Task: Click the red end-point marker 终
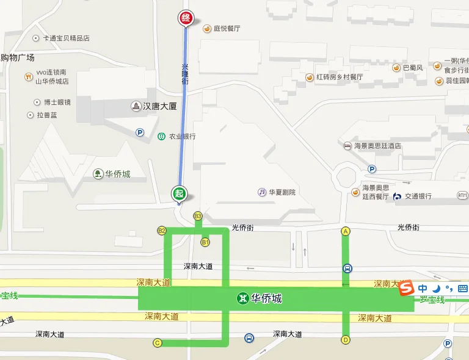click(186, 18)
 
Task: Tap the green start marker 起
click(178, 193)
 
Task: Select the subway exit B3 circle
click(197, 216)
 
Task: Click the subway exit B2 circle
click(162, 230)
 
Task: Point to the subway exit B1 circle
click(205, 242)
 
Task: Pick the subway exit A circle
click(346, 231)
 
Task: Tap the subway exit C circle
click(157, 342)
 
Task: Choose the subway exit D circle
click(346, 340)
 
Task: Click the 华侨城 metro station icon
click(243, 299)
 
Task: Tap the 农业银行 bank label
click(181, 136)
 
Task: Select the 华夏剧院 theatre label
click(281, 192)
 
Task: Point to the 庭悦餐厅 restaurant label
click(226, 28)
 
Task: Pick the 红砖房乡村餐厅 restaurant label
click(339, 77)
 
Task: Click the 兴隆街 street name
click(186, 74)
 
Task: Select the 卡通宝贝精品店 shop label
click(66, 38)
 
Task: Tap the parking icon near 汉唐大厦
click(140, 131)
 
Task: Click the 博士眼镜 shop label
click(57, 102)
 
